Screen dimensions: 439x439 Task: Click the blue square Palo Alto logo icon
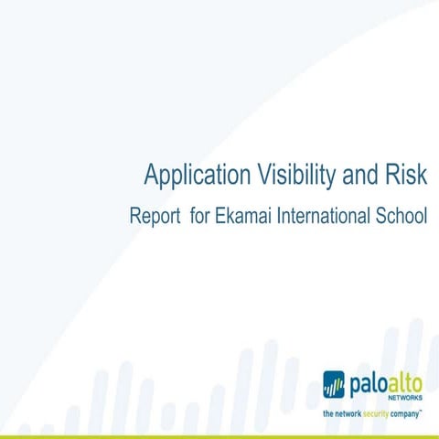point(334,383)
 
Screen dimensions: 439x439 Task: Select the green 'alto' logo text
point(404,380)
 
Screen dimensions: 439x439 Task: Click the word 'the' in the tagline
point(328,414)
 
